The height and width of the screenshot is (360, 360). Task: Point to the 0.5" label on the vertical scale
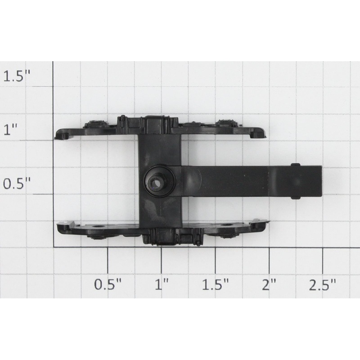[18, 184]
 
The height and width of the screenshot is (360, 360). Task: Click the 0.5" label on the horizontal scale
[108, 284]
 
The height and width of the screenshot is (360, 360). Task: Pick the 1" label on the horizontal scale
[162, 284]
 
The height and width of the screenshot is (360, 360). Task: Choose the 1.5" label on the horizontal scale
[215, 284]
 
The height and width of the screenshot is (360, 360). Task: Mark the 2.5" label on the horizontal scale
[323, 284]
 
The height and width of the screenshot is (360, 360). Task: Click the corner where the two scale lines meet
[54, 247]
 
